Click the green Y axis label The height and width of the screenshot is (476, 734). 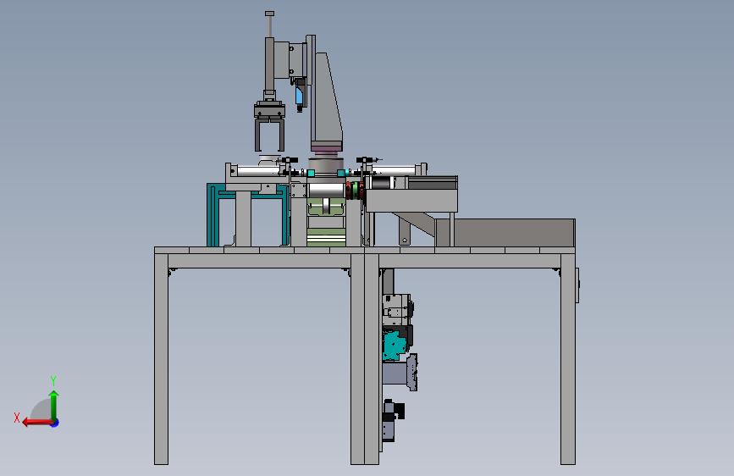point(53,380)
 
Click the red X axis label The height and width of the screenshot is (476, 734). point(17,418)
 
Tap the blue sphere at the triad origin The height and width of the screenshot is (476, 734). point(55,423)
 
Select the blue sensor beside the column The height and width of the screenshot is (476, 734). point(299,96)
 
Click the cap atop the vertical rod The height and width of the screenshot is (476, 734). point(269,14)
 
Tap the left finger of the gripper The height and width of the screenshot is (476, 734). point(258,135)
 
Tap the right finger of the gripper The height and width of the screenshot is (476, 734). point(280,135)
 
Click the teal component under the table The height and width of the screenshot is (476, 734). point(392,345)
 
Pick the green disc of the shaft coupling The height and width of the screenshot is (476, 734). point(356,191)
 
